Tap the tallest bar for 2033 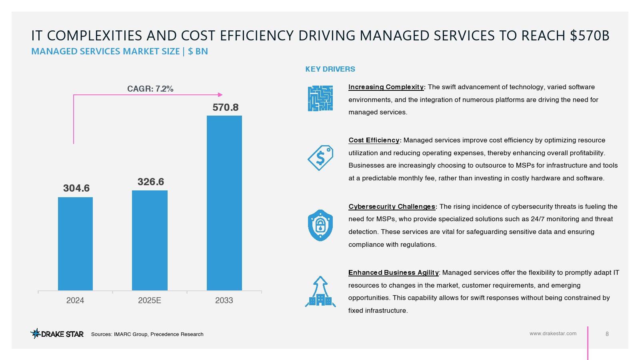pyautogui.click(x=224, y=203)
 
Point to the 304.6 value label pyautogui.click(x=76, y=188)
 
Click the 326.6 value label pyautogui.click(x=151, y=182)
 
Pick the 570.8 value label pyautogui.click(x=226, y=107)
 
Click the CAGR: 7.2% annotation pyautogui.click(x=150, y=89)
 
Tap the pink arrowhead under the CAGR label pyautogui.click(x=220, y=95)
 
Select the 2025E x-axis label pyautogui.click(x=150, y=300)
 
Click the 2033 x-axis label pyautogui.click(x=224, y=300)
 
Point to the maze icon pyautogui.click(x=320, y=98)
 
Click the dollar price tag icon pyautogui.click(x=320, y=158)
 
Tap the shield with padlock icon pyautogui.click(x=320, y=225)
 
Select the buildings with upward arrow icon pyautogui.click(x=320, y=292)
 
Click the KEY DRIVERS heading pyautogui.click(x=330, y=69)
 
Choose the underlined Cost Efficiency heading pyautogui.click(x=374, y=140)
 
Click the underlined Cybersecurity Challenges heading pyautogui.click(x=392, y=206)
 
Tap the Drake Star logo pyautogui.click(x=57, y=334)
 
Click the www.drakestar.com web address pyautogui.click(x=553, y=334)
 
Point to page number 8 pyautogui.click(x=607, y=334)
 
